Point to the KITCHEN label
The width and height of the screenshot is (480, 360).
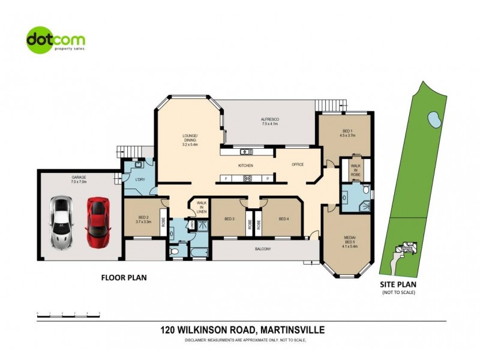point(246,165)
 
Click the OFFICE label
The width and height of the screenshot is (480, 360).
point(298,164)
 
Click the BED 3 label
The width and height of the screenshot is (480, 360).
point(229,219)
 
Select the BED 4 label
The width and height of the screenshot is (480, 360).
point(284,219)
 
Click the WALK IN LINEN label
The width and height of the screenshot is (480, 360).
point(202,208)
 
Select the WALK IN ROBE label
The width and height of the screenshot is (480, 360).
point(355,169)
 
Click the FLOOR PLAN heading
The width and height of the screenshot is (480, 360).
point(123,278)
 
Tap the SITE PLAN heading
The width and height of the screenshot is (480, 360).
point(398,284)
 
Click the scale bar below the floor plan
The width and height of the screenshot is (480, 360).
point(68,314)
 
